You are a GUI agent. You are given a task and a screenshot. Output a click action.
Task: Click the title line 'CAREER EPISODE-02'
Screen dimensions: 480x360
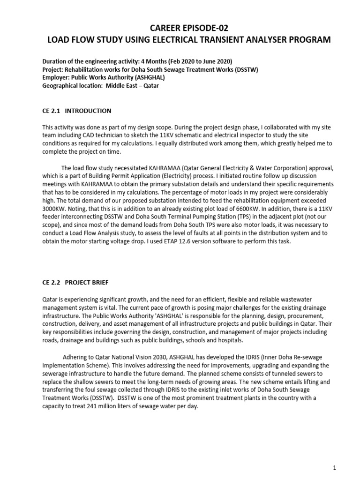tap(189, 28)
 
